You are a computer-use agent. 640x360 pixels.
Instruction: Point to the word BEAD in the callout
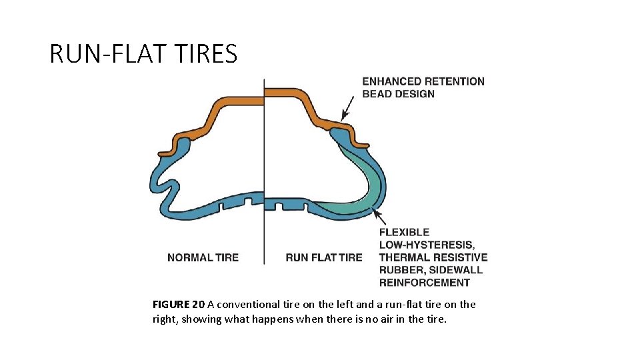coord(376,94)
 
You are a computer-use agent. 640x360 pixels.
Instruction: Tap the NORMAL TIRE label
coord(203,257)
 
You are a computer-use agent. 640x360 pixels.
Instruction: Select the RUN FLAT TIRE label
coord(324,257)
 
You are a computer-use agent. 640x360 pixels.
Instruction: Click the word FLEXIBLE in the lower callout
coord(404,232)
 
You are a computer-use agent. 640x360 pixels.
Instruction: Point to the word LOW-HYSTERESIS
coord(427,245)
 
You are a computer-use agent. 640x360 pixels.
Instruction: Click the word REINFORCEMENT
coord(425,283)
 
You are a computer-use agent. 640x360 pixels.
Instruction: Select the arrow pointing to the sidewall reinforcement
coord(379,216)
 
